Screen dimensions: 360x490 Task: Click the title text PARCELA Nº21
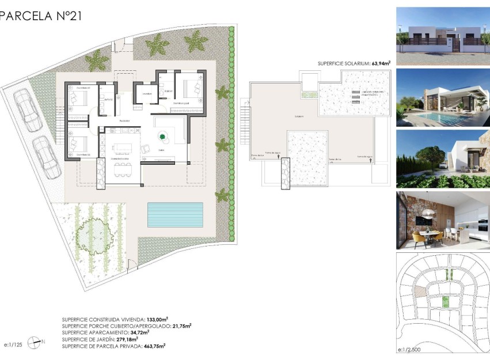pos(41,16)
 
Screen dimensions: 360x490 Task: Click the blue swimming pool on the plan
pos(175,214)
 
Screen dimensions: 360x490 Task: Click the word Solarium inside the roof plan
pos(298,116)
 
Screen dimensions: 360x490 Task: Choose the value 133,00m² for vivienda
pos(157,319)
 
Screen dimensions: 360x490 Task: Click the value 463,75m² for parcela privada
pos(154,346)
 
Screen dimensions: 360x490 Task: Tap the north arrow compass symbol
pos(36,342)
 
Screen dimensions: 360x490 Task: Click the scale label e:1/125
pos(13,344)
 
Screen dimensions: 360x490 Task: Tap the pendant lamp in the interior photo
pos(427,214)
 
